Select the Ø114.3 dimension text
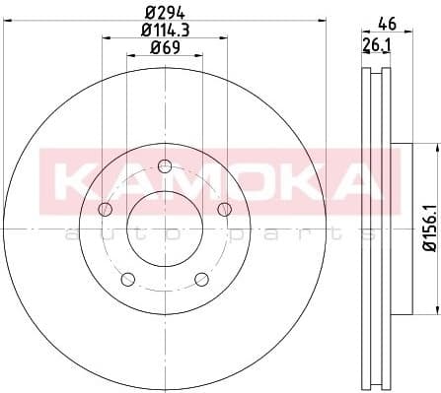pos(165,32)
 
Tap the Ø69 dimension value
pos(165,49)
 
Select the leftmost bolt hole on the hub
pos(106,208)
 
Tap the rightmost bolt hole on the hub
pos(224,208)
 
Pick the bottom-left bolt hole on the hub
pos(128,278)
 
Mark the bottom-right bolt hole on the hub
pos(201,278)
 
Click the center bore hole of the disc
pos(165,225)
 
